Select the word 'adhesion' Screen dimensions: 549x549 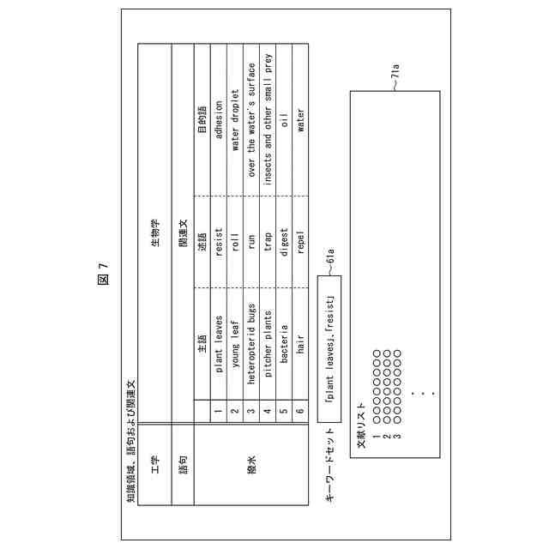click(220, 118)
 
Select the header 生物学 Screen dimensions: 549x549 click(155, 225)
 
